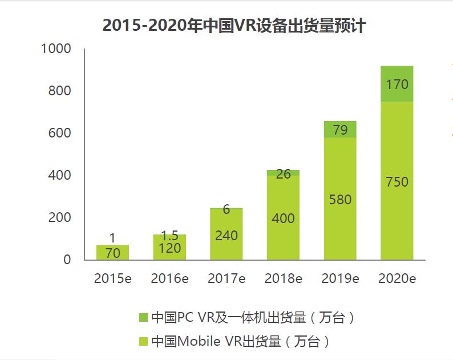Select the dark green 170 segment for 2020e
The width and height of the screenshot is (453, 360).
click(397, 84)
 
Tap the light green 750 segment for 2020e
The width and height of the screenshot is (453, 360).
click(397, 181)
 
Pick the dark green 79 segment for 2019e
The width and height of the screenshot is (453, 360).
click(340, 130)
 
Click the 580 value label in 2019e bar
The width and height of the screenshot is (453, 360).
click(340, 200)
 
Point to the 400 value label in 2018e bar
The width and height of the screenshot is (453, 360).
click(283, 217)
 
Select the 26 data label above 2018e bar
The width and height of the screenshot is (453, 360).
click(283, 174)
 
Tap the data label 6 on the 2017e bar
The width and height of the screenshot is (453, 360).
click(226, 209)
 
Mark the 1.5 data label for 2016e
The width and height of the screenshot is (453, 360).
click(169, 235)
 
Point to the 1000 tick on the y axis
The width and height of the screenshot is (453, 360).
click(56, 49)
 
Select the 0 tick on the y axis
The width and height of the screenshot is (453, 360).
click(67, 260)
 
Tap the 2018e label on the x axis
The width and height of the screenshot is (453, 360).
click(283, 278)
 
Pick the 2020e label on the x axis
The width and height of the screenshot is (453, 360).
click(397, 278)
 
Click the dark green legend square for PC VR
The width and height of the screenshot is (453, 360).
click(143, 317)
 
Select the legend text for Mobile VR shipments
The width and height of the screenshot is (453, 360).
click(240, 341)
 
